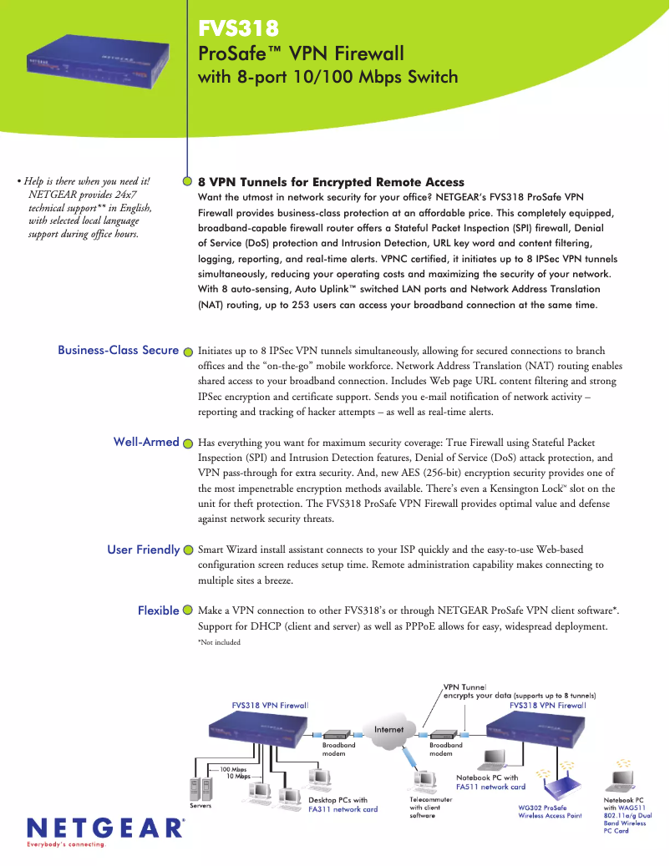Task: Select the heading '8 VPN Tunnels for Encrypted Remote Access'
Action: point(331,181)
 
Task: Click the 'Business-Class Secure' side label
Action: point(118,350)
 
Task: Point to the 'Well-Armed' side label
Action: point(146,442)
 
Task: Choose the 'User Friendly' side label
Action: point(143,549)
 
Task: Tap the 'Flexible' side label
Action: point(158,610)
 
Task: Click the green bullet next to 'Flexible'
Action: point(187,610)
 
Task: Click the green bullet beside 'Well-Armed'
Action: point(187,443)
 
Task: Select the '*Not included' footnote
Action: point(219,642)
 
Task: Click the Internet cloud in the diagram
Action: point(388,729)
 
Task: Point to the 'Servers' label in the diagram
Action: point(200,805)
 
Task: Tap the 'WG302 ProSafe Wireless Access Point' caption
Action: point(550,812)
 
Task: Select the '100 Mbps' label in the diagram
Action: point(233,768)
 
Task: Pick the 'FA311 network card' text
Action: point(343,809)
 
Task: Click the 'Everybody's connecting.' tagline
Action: point(67,844)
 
